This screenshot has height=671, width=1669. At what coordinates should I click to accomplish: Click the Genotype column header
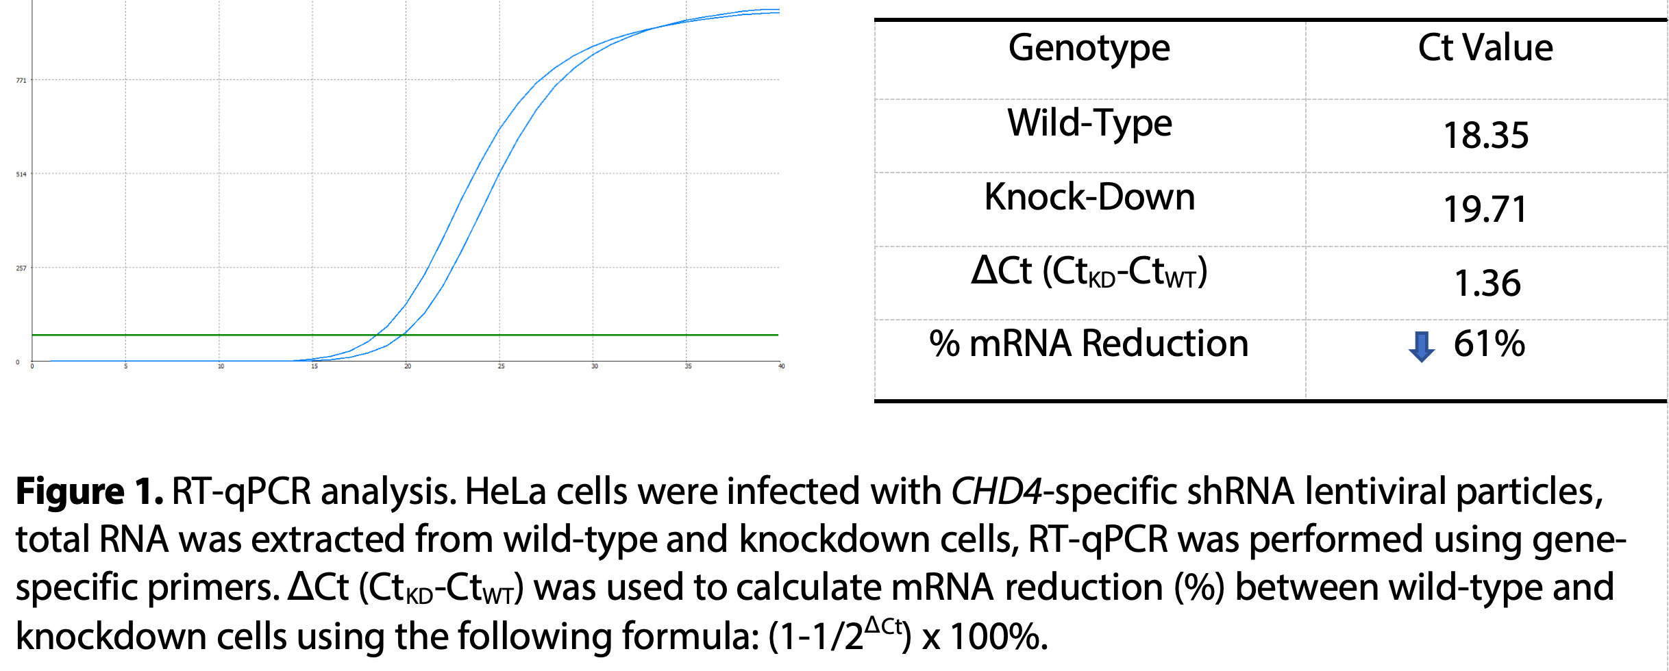1089,49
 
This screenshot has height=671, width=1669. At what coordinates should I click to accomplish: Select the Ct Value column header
1485,48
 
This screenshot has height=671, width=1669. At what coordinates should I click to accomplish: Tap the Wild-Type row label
1089,124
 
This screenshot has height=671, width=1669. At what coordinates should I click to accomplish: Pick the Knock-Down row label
1089,197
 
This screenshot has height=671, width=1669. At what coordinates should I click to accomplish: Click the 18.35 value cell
1485,135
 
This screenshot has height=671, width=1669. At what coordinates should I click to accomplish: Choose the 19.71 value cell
1485,209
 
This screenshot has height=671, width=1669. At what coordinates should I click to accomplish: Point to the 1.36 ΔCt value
1487,283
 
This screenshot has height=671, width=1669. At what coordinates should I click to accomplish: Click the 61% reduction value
1489,343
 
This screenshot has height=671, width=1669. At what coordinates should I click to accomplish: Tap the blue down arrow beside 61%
1422,346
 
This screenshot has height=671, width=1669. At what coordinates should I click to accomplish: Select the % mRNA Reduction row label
1089,343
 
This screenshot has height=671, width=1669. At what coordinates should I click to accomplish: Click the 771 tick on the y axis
21,81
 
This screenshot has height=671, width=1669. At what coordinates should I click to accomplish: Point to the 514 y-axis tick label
21,175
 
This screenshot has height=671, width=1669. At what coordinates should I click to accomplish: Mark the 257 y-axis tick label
21,268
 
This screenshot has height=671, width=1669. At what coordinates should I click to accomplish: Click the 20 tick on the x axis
408,366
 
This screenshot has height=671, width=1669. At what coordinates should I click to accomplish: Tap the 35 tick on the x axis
688,366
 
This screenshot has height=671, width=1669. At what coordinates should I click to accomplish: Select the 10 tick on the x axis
221,366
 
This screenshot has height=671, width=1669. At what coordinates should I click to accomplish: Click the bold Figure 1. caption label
89,492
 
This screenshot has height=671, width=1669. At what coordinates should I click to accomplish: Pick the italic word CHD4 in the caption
997,492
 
